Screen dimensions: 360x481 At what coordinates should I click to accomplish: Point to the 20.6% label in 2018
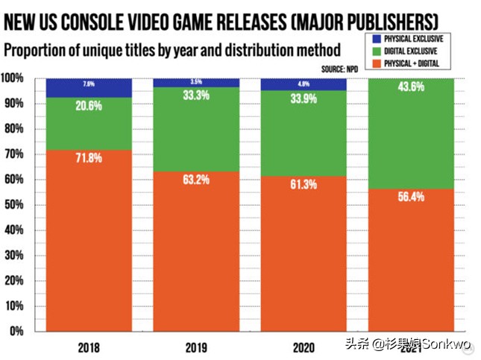pos(88,107)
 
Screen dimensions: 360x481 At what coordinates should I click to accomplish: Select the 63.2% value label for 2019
pos(196,180)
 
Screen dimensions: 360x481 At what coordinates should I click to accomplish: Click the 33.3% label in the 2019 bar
pos(196,95)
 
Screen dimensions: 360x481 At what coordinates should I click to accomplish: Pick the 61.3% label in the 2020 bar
pos(304,185)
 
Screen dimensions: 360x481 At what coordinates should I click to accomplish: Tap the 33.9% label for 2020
pos(304,98)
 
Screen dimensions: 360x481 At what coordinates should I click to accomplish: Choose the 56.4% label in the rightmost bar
pos(412,197)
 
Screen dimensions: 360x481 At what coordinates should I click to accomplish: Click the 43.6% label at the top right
pos(412,86)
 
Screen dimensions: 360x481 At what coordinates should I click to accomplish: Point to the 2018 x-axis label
pos(88,347)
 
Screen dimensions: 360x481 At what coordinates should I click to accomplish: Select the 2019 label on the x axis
pos(196,347)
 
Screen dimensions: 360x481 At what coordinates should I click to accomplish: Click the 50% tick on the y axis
pos(14,205)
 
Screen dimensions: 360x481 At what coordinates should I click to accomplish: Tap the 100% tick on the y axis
pos(13,78)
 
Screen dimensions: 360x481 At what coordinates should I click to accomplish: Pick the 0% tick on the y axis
pos(16,331)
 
